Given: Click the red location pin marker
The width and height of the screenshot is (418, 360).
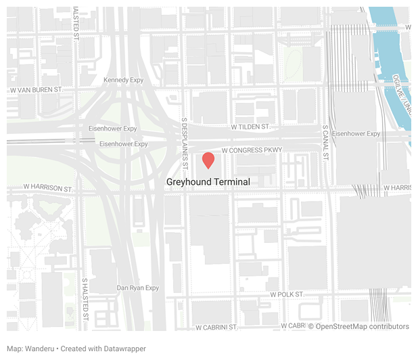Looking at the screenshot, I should coord(209,160).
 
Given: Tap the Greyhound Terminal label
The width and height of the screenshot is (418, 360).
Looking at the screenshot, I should coord(208,182).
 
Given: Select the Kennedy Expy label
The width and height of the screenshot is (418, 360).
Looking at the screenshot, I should coord(124,80).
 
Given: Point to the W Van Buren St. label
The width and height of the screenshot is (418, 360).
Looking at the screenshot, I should coord(37,89).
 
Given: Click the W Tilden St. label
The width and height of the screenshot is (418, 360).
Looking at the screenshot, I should coord(250,127).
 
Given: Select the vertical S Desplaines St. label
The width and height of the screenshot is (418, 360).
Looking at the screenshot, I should coord(184,135).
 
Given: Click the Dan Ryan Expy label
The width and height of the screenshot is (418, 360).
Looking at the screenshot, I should coord(138,288).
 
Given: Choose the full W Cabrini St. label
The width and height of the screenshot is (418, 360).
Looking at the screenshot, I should coord(216,327).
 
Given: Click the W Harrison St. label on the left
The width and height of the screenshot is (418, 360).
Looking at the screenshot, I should coord(47,187).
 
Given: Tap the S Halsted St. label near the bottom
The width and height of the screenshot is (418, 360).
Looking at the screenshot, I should coord(85,298).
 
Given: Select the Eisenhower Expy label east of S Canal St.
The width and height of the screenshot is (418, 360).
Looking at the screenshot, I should coord(356,133).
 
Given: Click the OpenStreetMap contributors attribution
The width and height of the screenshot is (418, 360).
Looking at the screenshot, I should coord(358,326).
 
